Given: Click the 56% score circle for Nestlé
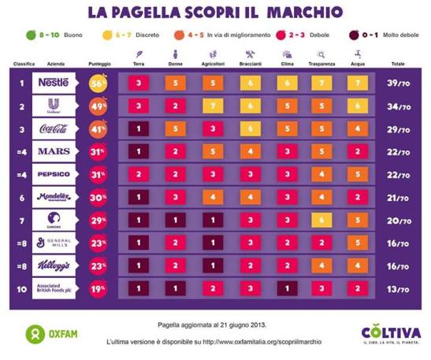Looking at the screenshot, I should point(98,84).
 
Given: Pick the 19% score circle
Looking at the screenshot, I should point(98,289).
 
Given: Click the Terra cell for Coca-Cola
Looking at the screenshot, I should point(139,129).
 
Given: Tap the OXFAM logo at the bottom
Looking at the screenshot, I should point(43,333).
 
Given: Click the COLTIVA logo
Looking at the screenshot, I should point(390,333).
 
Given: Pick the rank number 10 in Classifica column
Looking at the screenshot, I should point(20,289).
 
